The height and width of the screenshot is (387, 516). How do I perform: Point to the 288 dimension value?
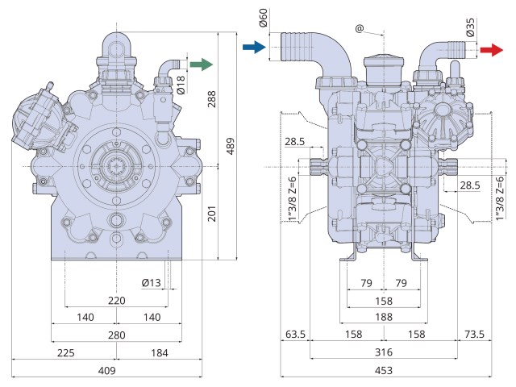(x=212, y=99)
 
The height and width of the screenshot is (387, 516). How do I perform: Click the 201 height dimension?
(x=212, y=213)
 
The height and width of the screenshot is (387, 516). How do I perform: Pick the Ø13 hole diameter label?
(x=152, y=282)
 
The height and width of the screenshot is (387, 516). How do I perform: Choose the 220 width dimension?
(x=116, y=300)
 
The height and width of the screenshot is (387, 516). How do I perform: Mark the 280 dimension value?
(x=116, y=335)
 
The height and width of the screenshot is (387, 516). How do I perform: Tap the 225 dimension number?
(x=66, y=352)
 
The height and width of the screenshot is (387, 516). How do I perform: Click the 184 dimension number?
(x=159, y=352)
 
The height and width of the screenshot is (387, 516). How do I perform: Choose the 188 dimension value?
(x=383, y=317)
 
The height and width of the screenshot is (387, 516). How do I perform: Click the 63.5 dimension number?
(x=294, y=335)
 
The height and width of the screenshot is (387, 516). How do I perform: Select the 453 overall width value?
(x=383, y=370)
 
